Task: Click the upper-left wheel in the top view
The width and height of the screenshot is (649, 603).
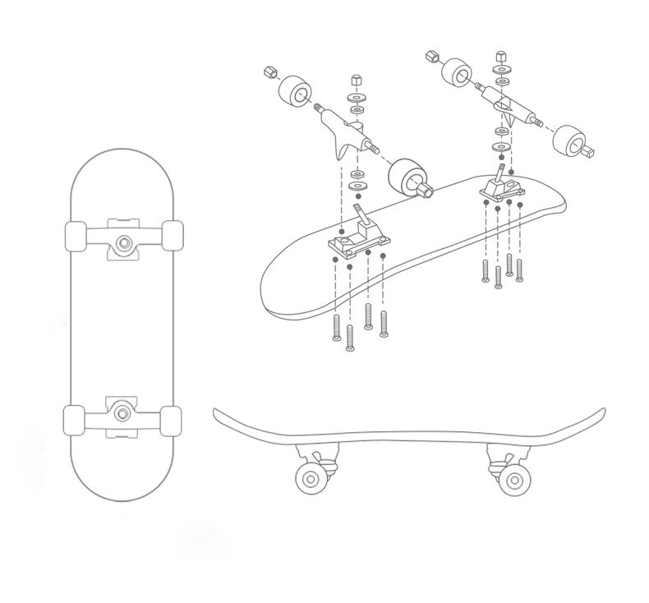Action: pos(76,237)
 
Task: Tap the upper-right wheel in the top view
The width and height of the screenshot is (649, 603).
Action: pos(173,236)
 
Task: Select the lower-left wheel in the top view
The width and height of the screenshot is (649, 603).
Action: pos(74,420)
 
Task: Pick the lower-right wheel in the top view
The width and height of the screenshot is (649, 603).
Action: pos(171,421)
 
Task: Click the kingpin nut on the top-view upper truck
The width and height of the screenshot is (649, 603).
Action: pos(124,242)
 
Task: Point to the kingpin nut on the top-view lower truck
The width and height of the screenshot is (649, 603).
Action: pos(122,413)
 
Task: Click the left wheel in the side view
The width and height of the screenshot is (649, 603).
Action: pos(311,480)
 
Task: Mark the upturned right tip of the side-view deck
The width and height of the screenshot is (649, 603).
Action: pos(602,412)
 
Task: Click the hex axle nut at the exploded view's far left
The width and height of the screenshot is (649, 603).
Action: pos(268,72)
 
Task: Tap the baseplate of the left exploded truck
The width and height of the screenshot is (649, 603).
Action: pos(358,241)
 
